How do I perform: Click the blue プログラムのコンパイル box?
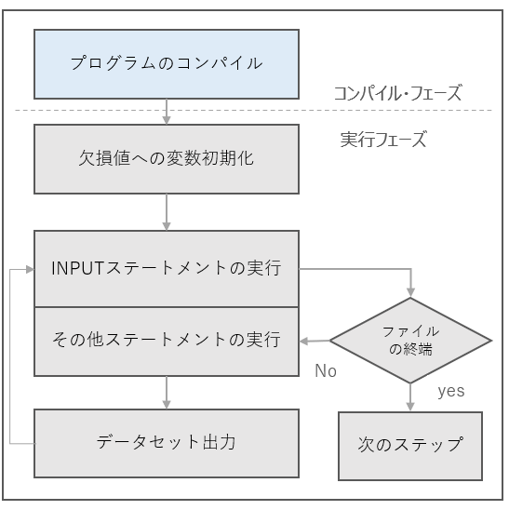click(x=167, y=63)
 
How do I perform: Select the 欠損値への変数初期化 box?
click(x=167, y=158)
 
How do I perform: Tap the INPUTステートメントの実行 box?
click(x=167, y=269)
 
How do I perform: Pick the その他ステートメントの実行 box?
click(x=167, y=340)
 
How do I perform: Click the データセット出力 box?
click(x=167, y=441)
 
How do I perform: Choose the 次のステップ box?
click(x=409, y=444)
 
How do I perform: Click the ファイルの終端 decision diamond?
click(x=409, y=341)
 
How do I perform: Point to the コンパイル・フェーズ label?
click(x=397, y=93)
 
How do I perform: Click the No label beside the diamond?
click(x=325, y=370)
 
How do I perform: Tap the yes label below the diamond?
click(x=451, y=391)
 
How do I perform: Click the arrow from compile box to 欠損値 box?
click(x=167, y=111)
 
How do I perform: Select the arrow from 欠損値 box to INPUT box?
click(x=167, y=211)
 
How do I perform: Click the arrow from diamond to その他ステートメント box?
click(x=315, y=341)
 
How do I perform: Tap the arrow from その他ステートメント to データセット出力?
click(x=167, y=391)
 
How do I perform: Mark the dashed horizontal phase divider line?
click(x=251, y=111)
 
